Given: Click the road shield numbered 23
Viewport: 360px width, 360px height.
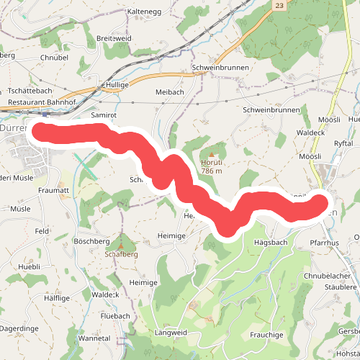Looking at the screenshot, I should (279, 4).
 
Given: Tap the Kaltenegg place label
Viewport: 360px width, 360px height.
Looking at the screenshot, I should (143, 12).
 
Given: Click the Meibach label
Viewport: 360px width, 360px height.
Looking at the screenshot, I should (170, 92).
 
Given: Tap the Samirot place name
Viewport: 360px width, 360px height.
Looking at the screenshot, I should (104, 115).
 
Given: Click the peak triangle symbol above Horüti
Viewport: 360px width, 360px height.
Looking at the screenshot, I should (212, 153).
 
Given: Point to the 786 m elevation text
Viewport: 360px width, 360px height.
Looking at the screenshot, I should (212, 171).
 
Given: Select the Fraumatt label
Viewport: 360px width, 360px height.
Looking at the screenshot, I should (53, 190).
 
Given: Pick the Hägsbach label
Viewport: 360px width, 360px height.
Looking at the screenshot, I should (271, 243).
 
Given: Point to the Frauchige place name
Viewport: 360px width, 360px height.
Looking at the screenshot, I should (267, 335).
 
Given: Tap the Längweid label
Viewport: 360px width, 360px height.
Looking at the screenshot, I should (171, 333).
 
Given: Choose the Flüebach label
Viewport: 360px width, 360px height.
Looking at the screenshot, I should (115, 316).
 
